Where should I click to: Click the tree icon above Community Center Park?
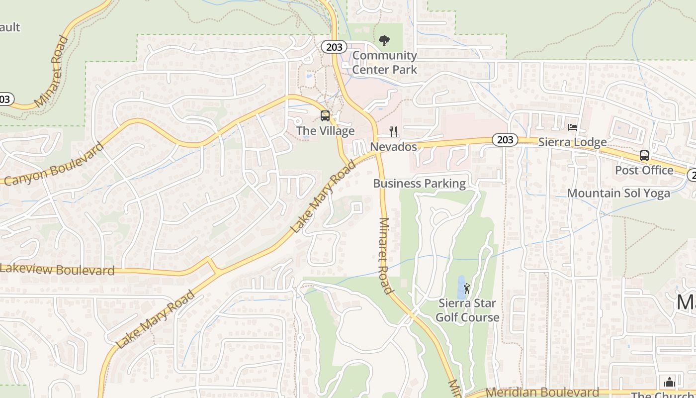click(x=384, y=41)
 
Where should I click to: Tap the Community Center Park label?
click(x=384, y=63)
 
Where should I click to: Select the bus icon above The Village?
click(x=325, y=116)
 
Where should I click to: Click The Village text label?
click(x=325, y=131)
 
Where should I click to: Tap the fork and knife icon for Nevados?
click(x=393, y=131)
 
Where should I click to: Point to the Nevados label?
click(x=393, y=147)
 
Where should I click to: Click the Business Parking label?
click(x=419, y=184)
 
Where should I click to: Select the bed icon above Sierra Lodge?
click(x=573, y=127)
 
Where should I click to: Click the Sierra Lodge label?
click(x=573, y=142)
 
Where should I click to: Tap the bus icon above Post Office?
click(x=644, y=155)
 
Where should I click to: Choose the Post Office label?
click(x=644, y=170)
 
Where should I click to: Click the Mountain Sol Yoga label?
click(x=618, y=193)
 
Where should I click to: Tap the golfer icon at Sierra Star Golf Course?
click(x=467, y=289)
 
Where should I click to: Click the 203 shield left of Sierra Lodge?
click(x=505, y=140)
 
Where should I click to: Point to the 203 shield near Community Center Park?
click(x=334, y=47)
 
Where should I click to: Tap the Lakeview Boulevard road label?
click(x=57, y=270)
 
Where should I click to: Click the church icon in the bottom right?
click(x=669, y=382)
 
